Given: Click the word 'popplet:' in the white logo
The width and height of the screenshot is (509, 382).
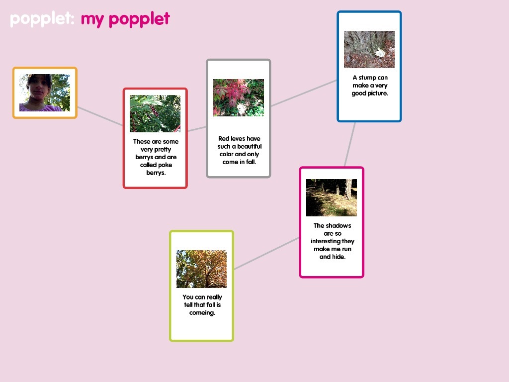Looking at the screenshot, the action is click(x=42, y=19).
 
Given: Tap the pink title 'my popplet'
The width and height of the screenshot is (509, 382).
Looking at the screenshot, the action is click(x=125, y=19).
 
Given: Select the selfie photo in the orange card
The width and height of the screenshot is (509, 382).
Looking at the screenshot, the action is click(x=45, y=93).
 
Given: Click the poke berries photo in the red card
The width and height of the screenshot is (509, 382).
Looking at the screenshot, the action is click(x=155, y=113).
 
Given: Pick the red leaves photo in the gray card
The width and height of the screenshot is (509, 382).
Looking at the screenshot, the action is click(x=239, y=97).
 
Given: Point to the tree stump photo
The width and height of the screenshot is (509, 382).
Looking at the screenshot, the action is click(x=369, y=49).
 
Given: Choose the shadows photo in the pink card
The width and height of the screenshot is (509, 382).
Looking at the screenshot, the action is click(x=332, y=197).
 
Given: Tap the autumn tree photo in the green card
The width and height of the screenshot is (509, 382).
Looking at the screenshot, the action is click(x=202, y=269).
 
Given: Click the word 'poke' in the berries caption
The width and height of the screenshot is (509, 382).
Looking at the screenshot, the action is click(x=165, y=165).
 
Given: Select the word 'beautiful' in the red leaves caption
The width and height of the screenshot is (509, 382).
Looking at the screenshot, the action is click(x=250, y=147).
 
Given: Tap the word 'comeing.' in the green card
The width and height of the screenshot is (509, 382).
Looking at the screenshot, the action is click(x=202, y=313).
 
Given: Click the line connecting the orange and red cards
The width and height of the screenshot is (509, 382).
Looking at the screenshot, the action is click(x=100, y=116).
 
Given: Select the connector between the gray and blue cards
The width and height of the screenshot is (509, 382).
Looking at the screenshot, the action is click(x=304, y=93).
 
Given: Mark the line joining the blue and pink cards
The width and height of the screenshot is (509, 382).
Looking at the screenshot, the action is click(x=350, y=144).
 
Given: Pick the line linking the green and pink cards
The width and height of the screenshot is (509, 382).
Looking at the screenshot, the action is click(x=266, y=253).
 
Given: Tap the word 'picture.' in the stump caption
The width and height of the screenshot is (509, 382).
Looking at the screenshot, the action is click(x=378, y=94).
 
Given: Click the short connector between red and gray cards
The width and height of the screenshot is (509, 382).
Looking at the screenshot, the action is click(x=197, y=129).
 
